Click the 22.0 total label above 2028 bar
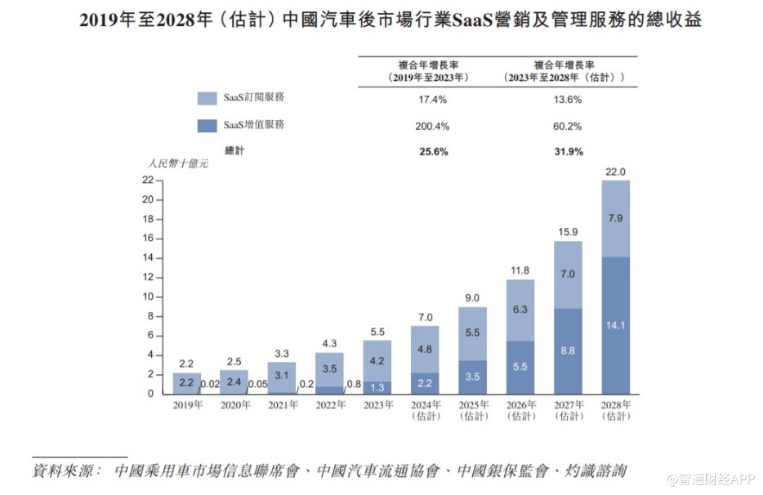tap(615, 172)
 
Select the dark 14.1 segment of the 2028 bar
tap(615, 324)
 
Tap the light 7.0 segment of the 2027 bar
tap(568, 274)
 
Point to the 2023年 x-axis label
tap(377, 404)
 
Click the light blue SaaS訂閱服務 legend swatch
tap(207, 98)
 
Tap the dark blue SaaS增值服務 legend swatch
tap(207, 126)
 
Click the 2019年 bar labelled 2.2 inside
tap(186, 383)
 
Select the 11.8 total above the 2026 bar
tap(520, 270)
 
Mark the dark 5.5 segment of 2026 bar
tap(520, 368)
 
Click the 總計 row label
tap(234, 152)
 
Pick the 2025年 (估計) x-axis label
tap(472, 410)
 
